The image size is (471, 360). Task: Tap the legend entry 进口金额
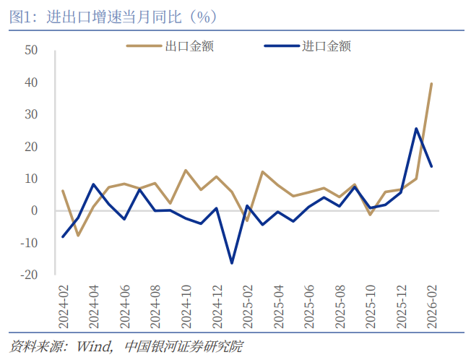tap(327, 46)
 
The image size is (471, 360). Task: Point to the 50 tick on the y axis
tap(31, 51)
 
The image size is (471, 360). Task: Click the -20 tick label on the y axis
tap(28, 275)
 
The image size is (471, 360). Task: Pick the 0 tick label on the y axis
tap(34, 210)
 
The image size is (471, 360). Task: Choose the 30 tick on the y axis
tap(31, 114)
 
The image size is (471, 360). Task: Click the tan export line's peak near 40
tap(431, 84)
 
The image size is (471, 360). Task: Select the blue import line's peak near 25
tap(416, 129)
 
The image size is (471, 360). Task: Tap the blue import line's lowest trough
tap(232, 262)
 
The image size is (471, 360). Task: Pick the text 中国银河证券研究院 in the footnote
tap(184, 346)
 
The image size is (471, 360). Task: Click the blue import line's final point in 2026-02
tap(431, 166)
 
